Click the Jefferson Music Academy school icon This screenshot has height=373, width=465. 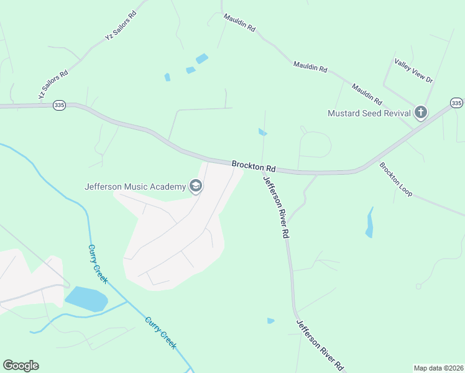point(196,186)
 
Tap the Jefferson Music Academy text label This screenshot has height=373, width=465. point(136,186)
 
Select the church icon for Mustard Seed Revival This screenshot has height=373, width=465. point(421,113)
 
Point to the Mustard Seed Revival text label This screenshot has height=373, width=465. point(369,113)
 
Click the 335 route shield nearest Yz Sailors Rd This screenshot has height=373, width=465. point(59,106)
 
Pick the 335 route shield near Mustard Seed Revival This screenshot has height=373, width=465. point(456,103)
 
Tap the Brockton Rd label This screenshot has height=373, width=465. point(254,166)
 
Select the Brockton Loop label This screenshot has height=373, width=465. point(396,180)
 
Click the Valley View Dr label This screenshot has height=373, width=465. point(413,70)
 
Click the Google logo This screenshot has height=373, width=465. point(21,366)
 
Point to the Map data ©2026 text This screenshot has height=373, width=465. point(438,367)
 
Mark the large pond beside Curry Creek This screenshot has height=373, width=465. point(85,298)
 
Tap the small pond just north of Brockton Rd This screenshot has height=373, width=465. point(262,132)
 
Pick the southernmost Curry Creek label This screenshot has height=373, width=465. point(161,332)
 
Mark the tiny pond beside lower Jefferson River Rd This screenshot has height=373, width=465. point(270,321)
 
